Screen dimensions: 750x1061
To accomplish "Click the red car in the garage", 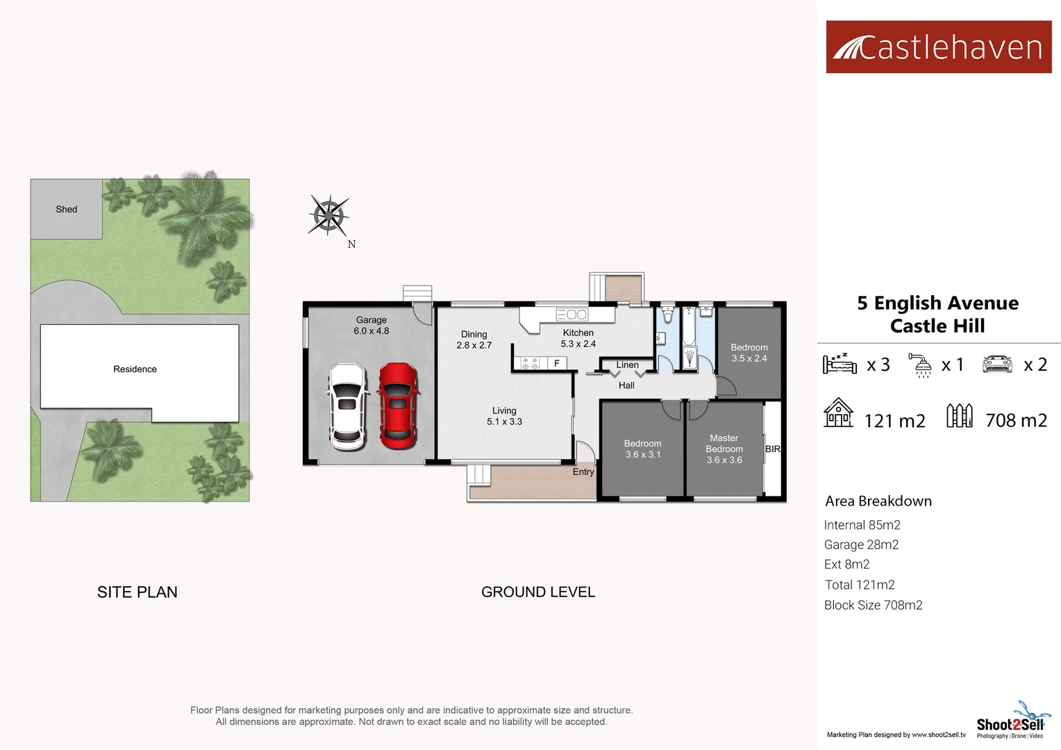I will point(398,406).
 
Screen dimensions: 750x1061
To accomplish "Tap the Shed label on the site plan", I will point(67,209).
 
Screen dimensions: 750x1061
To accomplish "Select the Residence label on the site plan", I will point(135,369).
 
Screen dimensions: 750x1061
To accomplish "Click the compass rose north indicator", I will point(329,216).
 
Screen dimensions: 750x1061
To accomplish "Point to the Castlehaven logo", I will point(938,47).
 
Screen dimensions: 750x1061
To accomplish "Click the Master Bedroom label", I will point(724,449).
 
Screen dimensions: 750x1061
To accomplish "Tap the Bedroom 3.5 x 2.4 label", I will point(749,353).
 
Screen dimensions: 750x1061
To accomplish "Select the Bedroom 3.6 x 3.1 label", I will point(642,449).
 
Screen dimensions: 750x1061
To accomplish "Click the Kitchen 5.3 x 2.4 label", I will point(578,338).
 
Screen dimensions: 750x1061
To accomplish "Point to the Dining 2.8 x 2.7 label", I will point(474,340).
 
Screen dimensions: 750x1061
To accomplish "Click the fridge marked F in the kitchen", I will point(556,363).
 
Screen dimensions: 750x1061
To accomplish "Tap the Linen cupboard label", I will point(627,365).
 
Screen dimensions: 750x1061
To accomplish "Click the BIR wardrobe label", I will point(772,449).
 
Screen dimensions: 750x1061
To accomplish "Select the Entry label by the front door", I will point(583,472).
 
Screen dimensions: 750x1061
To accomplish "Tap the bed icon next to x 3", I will point(839,363).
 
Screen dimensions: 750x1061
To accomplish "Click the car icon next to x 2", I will point(997,364).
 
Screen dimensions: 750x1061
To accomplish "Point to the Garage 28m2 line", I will point(861,544).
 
